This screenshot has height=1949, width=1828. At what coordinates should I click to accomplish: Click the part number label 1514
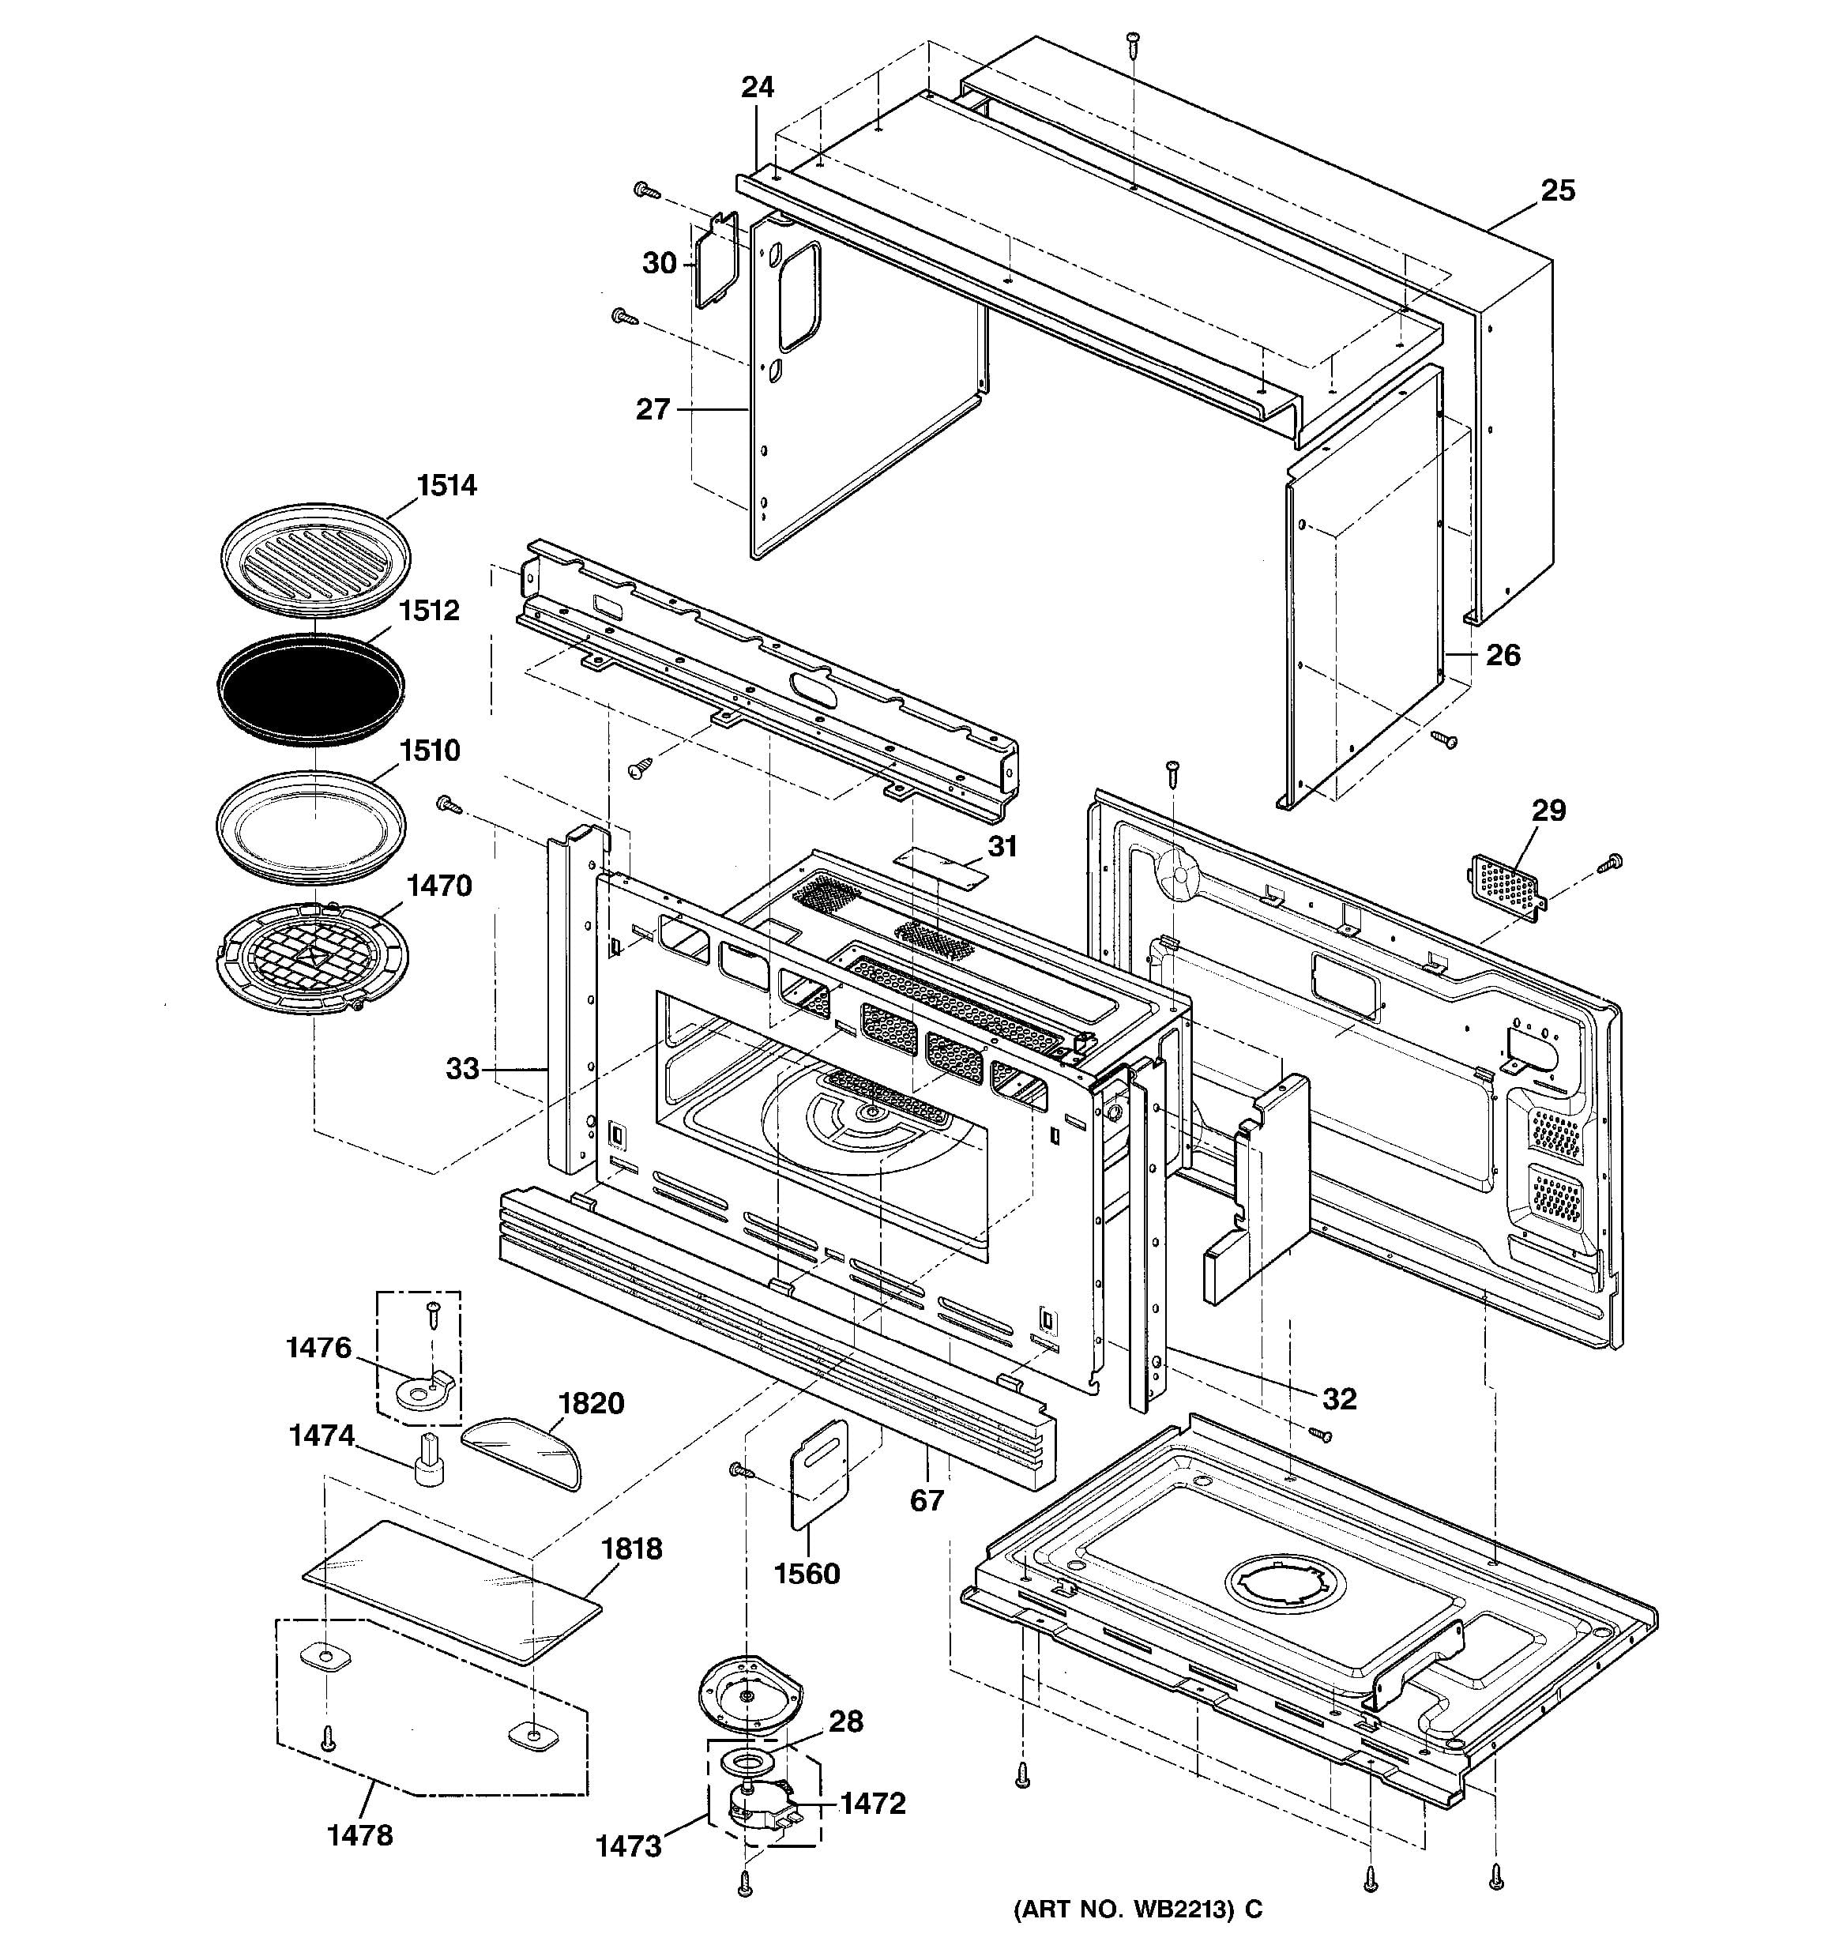coord(446,485)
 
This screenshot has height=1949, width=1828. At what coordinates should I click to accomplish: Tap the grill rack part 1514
coord(314,557)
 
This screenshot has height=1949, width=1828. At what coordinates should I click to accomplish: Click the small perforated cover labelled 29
coord(1505,884)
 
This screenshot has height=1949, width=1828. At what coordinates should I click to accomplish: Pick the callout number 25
coord(1558,190)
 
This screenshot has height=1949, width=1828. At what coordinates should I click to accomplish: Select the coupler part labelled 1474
coord(428,1464)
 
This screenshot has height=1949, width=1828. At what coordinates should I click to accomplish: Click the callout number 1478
coord(359,1834)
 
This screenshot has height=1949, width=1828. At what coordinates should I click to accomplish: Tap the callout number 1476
coord(318,1348)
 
